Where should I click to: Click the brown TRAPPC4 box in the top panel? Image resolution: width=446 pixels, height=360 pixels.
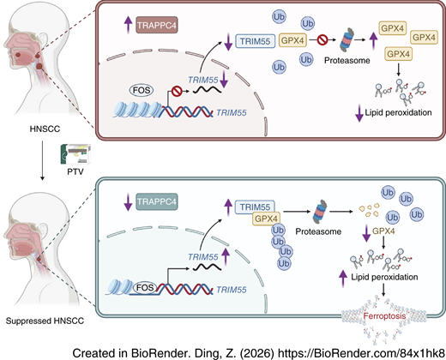click(x=157, y=25)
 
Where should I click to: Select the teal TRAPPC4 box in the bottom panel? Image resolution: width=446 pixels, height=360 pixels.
click(x=157, y=201)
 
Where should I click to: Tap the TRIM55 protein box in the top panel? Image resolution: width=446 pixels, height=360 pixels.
click(x=255, y=41)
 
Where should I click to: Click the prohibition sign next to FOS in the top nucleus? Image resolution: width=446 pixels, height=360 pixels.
click(x=177, y=92)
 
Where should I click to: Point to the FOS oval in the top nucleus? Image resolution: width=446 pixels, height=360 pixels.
click(x=142, y=90)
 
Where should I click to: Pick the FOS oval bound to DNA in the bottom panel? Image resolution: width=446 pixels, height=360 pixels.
click(x=145, y=287)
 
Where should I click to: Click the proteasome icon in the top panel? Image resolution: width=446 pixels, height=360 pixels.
click(x=347, y=39)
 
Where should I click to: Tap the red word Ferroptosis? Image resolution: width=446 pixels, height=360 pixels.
click(x=384, y=316)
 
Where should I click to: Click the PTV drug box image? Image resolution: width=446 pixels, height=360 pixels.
click(x=75, y=154)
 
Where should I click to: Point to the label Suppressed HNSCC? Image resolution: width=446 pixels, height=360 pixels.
click(x=45, y=321)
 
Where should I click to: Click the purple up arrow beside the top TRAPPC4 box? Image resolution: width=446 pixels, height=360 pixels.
click(x=128, y=25)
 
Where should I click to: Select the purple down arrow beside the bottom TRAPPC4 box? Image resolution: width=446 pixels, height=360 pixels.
click(x=128, y=202)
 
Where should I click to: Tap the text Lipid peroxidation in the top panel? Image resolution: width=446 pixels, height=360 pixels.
click(x=398, y=113)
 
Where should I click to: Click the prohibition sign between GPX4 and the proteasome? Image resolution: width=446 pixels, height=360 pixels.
click(x=322, y=39)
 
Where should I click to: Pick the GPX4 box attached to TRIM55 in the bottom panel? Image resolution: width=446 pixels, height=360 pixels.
click(x=266, y=219)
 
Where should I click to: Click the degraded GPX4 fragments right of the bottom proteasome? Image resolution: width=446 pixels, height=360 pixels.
click(x=369, y=210)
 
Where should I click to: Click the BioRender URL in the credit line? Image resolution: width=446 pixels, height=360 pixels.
click(x=361, y=353)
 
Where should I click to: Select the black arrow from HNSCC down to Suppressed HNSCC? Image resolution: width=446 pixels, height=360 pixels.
click(x=42, y=160)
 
